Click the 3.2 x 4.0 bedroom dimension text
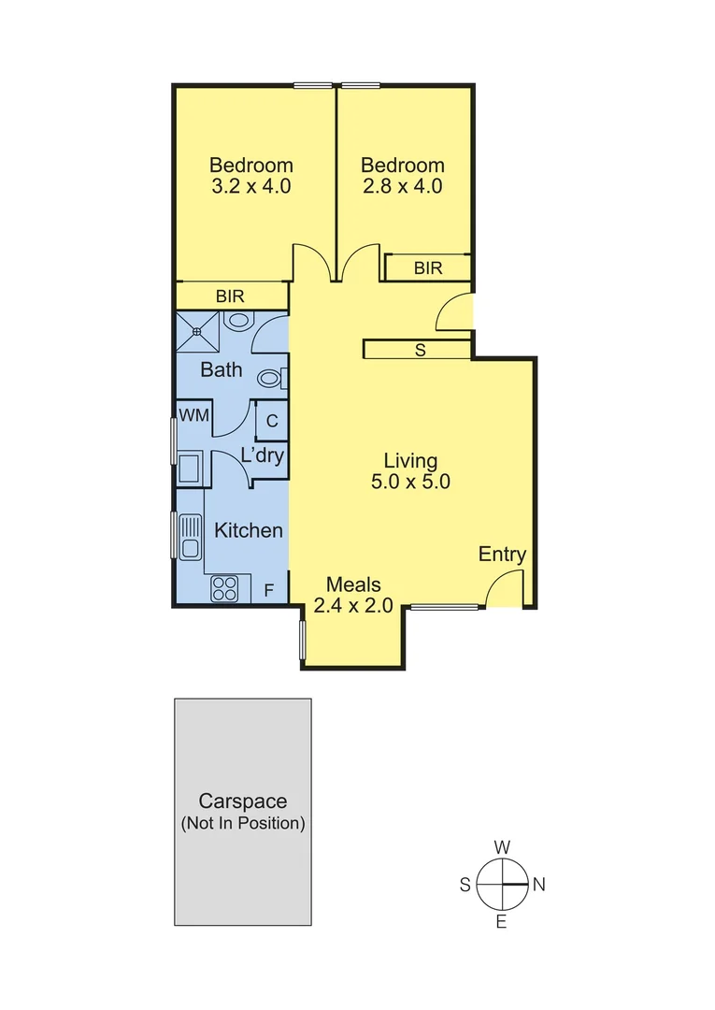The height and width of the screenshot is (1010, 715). point(250,186)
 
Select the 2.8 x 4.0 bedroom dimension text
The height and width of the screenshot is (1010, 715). point(403,186)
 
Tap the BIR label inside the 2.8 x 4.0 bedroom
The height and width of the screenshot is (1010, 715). point(428,268)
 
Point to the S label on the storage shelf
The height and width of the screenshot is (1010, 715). point(420,351)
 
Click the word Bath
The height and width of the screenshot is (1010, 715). point(222,370)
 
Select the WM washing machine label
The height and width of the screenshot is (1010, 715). point(193,415)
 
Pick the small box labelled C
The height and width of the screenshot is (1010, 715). point(272,421)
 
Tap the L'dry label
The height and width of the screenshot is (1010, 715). point(263,456)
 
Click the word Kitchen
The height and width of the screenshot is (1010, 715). point(249,530)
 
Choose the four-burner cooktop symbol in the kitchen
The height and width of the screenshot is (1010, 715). point(224,588)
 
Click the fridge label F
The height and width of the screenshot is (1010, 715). point(268,590)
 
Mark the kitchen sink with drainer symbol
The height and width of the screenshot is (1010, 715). point(191,537)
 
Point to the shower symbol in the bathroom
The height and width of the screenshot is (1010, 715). point(198,328)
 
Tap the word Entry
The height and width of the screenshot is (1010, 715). point(502,555)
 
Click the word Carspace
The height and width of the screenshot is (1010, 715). point(242,801)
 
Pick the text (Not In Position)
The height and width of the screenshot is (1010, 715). point(242,824)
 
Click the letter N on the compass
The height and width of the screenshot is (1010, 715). point(538,885)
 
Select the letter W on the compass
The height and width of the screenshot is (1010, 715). point(502,847)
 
